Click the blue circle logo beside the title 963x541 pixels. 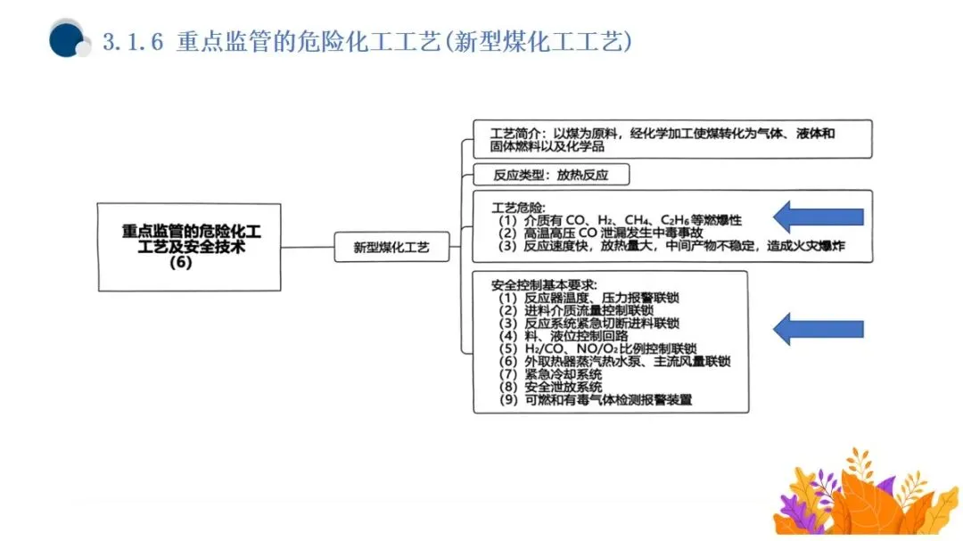[67, 40]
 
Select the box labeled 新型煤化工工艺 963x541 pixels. [391, 247]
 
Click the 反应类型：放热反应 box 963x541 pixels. [550, 176]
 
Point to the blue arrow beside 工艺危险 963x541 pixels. [819, 217]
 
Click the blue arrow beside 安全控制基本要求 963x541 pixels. [819, 329]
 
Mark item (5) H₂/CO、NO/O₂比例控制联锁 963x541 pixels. [597, 348]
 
